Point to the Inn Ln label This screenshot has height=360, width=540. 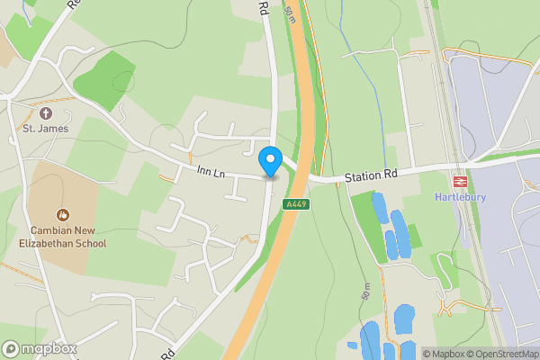209,170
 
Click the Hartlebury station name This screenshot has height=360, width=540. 460,197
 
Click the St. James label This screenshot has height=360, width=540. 46,129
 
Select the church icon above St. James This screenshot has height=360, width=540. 46,113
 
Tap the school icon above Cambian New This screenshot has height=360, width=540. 62,215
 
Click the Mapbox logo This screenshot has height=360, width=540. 40,349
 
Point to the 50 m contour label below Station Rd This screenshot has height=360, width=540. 365,292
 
